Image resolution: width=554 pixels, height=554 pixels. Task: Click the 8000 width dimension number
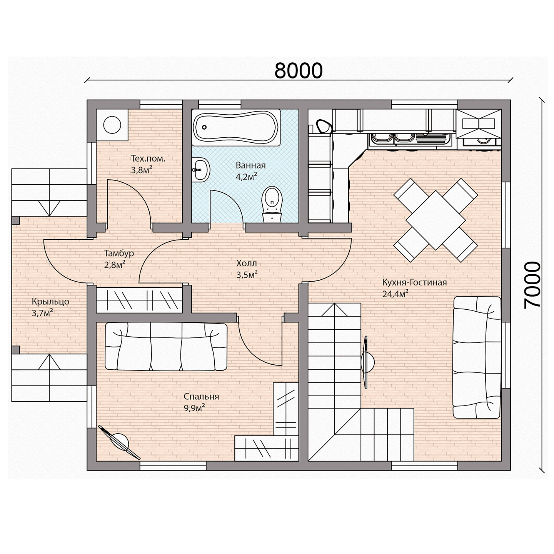point(299,71)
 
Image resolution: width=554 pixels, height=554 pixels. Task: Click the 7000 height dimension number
point(532,285)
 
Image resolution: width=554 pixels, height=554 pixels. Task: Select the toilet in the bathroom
point(272,204)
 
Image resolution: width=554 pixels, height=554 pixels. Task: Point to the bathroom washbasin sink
point(201,170)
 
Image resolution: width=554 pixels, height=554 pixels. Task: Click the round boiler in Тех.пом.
point(112,125)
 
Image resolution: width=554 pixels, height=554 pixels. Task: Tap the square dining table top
point(436,220)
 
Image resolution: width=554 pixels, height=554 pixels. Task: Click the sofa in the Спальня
point(166,346)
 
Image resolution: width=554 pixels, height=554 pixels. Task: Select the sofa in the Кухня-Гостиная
point(477,357)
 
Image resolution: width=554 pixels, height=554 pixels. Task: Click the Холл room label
point(246,263)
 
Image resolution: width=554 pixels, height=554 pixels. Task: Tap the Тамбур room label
point(119,253)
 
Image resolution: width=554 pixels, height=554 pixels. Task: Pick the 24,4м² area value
point(395,294)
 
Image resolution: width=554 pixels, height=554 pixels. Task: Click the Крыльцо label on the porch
point(51,302)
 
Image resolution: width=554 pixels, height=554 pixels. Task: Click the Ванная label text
point(250,165)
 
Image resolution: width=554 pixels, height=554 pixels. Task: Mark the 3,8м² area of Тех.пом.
point(142,170)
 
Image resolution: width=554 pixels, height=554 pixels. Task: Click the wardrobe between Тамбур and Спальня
point(139,300)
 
